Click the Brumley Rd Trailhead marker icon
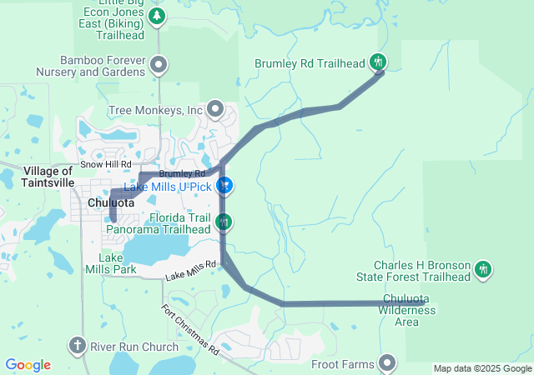coord(378,61)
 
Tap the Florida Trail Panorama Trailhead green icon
coord(224,222)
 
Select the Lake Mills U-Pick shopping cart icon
coord(224,185)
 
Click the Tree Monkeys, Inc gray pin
coord(216,109)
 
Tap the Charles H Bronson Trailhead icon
coord(482,270)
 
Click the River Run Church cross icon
coord(77,346)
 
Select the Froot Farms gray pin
coord(387,362)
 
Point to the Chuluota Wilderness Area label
coord(406,310)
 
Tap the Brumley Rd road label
coord(182,173)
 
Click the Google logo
coord(28,365)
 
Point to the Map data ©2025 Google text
coord(482,368)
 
